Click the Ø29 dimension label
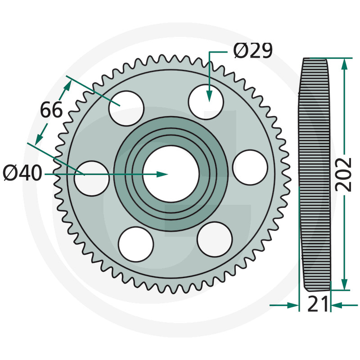pos(253,51)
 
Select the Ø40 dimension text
pos(22,173)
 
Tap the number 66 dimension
pos(51,110)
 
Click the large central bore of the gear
pos(171,174)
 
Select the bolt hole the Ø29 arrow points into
pos(206,102)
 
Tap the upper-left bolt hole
pos(127,108)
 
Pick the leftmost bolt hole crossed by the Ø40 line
pos(92,178)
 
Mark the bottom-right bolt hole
pos(215,238)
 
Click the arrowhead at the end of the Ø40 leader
pos(163,174)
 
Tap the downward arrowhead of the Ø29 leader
pos(209,96)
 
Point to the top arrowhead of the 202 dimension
pos(344,63)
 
